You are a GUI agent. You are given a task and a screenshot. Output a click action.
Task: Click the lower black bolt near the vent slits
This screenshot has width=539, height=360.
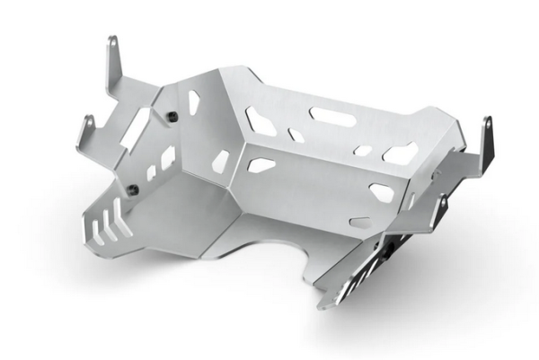133,188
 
